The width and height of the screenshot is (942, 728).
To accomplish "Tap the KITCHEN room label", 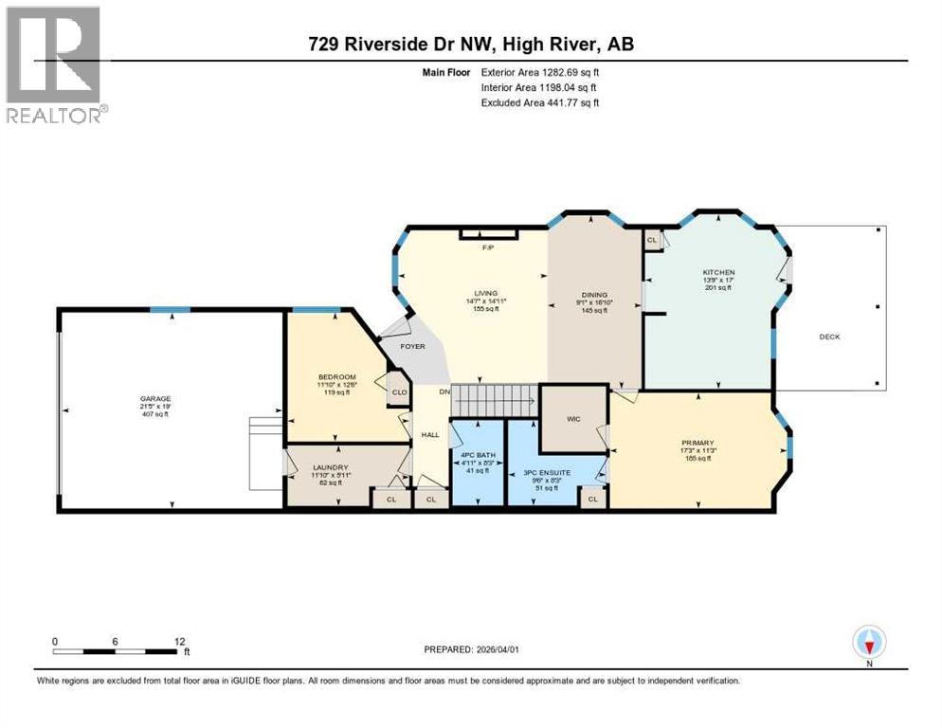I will coord(719,273).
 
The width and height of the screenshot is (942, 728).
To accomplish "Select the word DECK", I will coord(829,337).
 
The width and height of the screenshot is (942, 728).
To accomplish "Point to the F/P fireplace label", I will coord(488,247).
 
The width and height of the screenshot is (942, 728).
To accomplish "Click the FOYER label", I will coord(412,346).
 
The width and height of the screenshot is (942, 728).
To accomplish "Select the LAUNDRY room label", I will coord(331,467).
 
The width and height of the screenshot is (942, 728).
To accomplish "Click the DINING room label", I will coord(594,295).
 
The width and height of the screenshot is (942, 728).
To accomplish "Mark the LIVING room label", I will coord(486,294).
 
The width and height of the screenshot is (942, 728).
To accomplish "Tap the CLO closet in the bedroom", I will coord(399,391).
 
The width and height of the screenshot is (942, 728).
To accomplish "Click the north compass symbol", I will coord(869,643).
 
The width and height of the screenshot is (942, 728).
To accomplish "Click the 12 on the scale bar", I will coord(181,641).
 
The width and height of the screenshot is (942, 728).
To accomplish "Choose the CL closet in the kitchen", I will coord(652,241).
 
